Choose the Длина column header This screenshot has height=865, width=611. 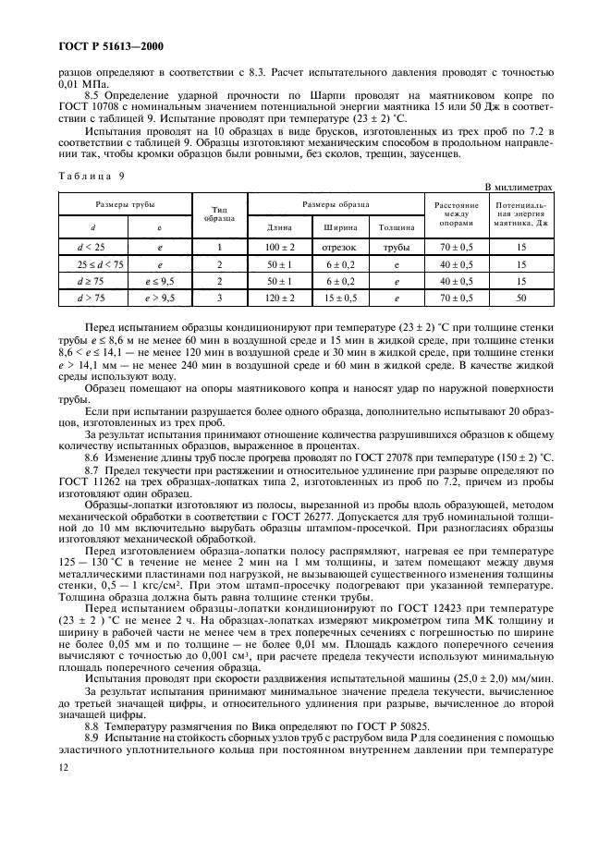click(x=279, y=225)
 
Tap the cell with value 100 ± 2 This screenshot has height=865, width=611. click(x=279, y=248)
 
